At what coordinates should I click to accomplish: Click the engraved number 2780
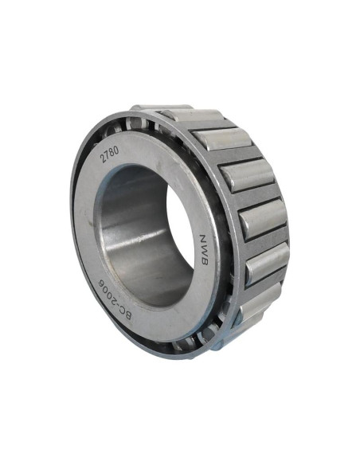click(110, 154)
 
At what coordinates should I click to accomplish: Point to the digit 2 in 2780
click(104, 159)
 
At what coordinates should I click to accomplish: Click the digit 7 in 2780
click(108, 156)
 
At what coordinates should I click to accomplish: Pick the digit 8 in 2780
click(112, 152)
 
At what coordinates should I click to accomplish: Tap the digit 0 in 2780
click(116, 150)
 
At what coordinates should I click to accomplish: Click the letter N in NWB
click(203, 239)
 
